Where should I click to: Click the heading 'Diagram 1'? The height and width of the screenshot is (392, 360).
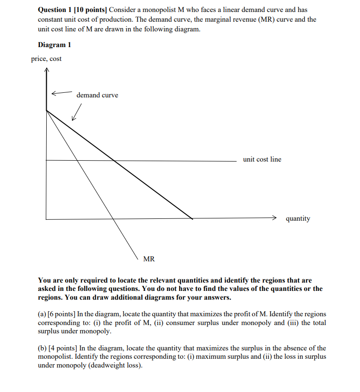[x=54, y=45]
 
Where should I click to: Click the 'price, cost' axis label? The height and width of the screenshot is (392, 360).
[x=46, y=59]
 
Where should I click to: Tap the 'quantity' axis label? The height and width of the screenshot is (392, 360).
[x=298, y=218]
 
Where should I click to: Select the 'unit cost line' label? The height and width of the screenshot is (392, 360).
[x=262, y=159]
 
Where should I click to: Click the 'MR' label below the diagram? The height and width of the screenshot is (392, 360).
[x=149, y=259]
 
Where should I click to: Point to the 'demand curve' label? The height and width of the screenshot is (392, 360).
[x=97, y=95]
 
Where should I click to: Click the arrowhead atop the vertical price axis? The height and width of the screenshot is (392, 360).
[x=46, y=71]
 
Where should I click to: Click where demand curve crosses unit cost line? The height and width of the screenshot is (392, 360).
[x=114, y=161]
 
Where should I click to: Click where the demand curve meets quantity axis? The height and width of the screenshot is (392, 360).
[x=192, y=218]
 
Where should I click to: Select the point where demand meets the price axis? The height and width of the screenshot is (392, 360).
[x=47, y=110]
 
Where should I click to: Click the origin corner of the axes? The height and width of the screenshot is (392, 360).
[x=46, y=219]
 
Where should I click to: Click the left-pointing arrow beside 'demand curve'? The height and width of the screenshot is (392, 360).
[x=61, y=93]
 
